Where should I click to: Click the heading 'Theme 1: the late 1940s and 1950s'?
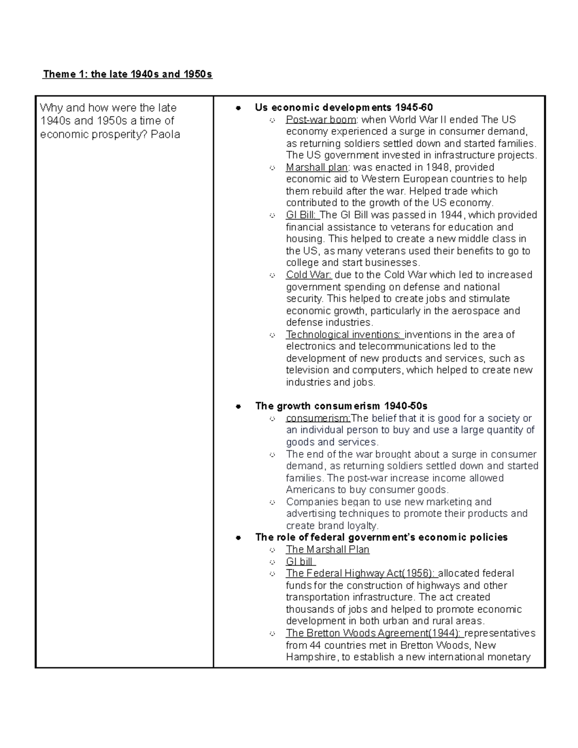pos(127,74)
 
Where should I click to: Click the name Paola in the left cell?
pos(165,134)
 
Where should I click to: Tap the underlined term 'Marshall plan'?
pos(316,167)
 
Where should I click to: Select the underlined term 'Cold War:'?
pos(308,275)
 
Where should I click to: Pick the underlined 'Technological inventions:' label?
pos(343,334)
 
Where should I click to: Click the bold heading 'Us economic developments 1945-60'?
pos(344,107)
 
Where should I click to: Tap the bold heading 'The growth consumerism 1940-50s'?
pos(341,406)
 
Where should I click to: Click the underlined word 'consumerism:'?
pos(318,418)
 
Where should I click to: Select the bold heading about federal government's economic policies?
pos(381,537)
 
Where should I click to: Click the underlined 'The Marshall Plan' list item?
pos(328,550)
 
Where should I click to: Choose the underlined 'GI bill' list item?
pos(300,562)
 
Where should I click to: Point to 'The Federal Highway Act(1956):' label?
pos(360,573)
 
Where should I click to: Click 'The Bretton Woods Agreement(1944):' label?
pos(373,633)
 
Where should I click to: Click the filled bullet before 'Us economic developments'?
pos(237,108)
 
